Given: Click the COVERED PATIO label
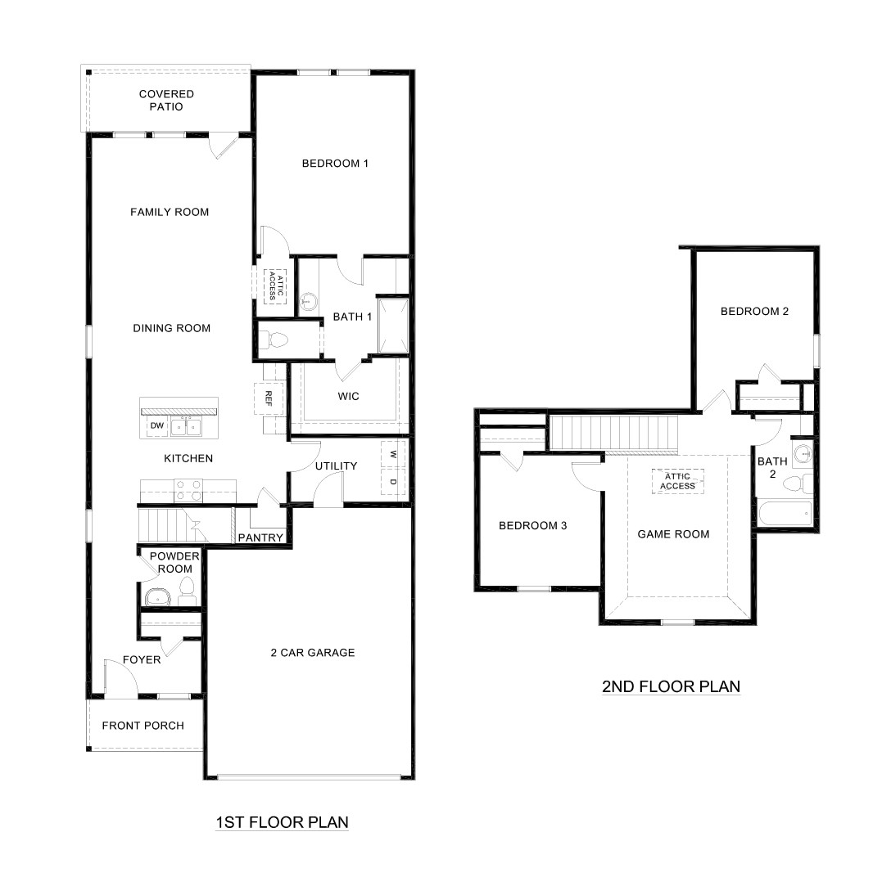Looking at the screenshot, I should point(166,101).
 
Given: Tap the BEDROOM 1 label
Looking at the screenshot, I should point(335,164).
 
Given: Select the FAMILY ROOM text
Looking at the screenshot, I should point(170,212).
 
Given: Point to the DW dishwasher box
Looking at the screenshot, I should point(156,426).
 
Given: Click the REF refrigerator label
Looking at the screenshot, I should point(268,398).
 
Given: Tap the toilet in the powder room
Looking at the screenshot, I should point(187,588).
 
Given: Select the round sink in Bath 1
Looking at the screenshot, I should point(309,302).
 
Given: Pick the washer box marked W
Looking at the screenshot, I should point(393,454).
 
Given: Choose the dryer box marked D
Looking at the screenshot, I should point(393,483).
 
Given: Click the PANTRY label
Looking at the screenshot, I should point(260,537).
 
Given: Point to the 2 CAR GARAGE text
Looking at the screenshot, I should point(313,652).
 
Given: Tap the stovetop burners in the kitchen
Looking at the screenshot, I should point(189,489).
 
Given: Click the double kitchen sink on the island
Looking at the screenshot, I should point(187,426).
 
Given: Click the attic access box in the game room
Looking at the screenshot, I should point(678,481).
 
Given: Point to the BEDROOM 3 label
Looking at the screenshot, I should point(533,525).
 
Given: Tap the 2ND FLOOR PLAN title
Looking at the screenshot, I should point(671,686).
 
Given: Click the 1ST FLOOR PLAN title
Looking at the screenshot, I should point(282,822).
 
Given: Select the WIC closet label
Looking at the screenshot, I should point(349,396).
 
